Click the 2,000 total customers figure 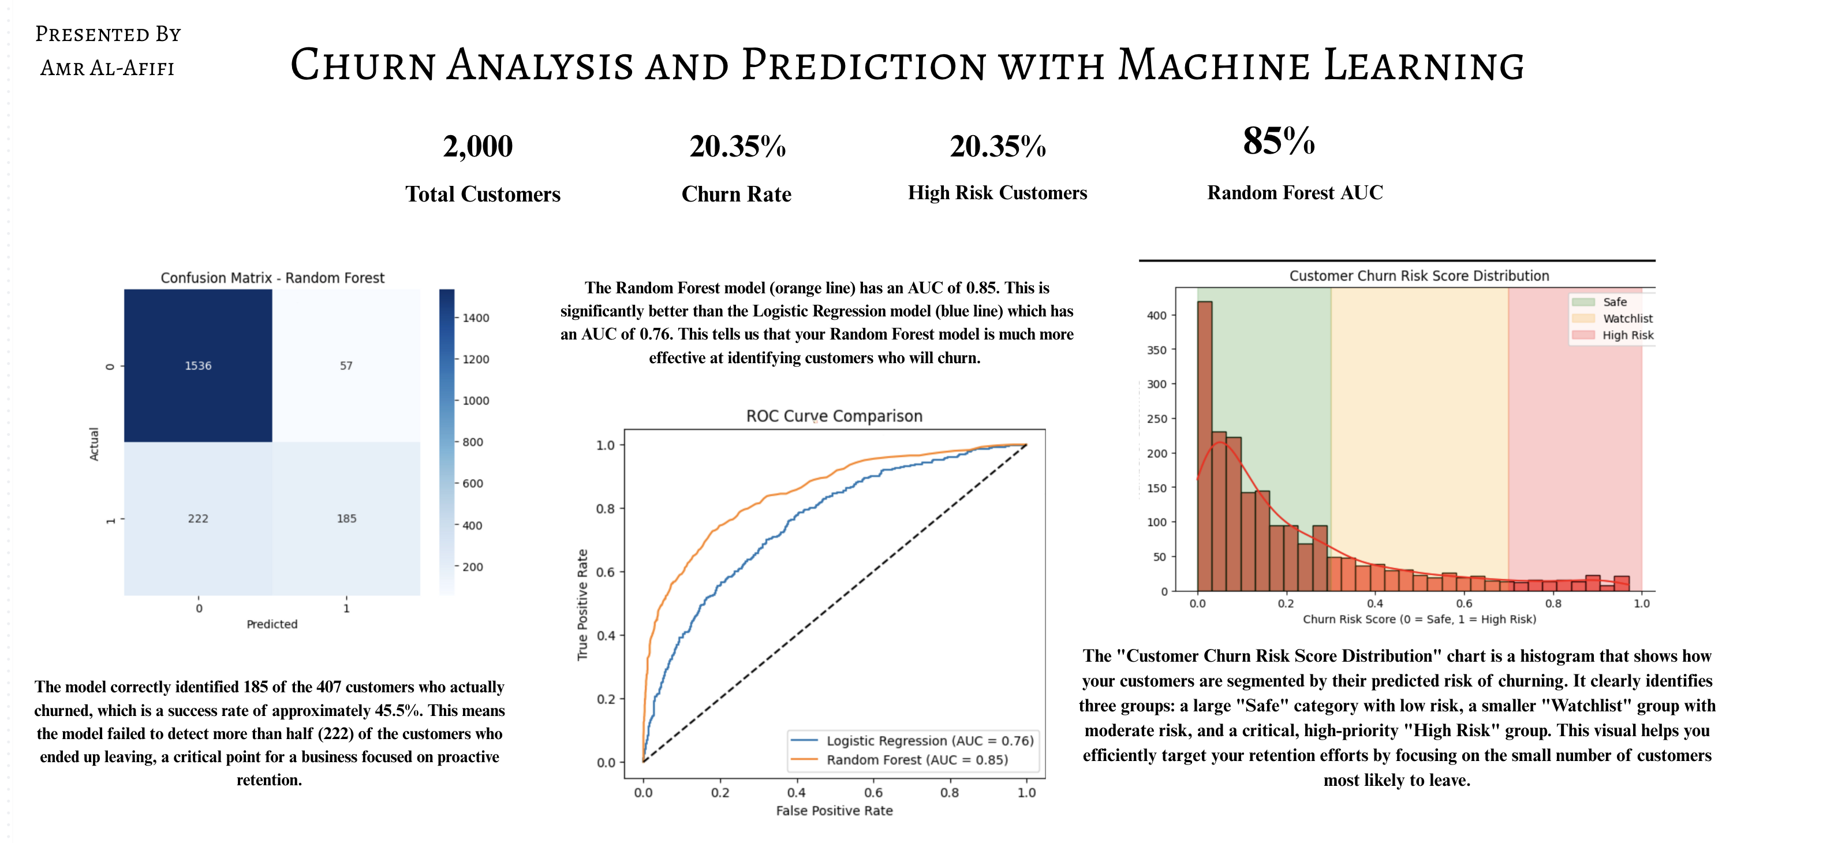478,147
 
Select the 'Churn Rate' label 736,194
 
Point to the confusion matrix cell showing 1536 198,365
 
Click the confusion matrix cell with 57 346,365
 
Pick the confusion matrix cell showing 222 198,519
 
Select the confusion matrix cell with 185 346,519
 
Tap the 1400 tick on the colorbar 476,318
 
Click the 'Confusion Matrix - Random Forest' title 272,278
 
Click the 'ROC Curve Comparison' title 834,416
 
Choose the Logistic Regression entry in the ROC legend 912,740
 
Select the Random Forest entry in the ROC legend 899,759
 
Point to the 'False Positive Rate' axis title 834,811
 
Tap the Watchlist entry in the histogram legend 1613,319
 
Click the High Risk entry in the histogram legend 1613,335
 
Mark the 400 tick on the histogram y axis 1156,316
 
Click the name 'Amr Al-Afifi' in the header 107,68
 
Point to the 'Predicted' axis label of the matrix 272,624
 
